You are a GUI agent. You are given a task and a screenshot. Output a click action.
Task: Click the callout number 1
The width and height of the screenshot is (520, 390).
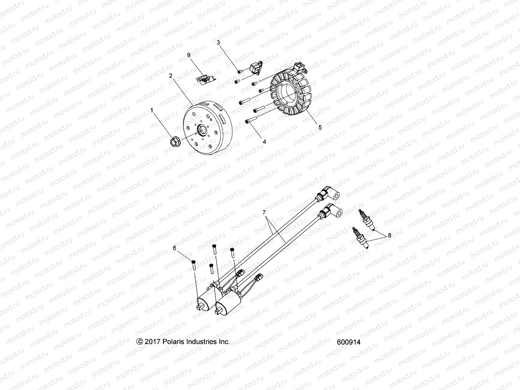pos(151,111)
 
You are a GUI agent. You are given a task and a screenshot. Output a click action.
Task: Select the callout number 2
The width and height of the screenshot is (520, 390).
pos(179,76)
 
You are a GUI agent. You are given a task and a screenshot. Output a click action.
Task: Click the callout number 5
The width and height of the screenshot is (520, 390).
pos(320,127)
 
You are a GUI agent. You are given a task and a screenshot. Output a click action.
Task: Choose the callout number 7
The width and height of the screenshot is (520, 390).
pos(264,212)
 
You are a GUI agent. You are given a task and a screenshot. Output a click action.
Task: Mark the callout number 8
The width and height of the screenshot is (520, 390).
pos(390,236)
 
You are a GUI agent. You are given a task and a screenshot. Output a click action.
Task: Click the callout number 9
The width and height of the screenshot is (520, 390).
pos(188,55)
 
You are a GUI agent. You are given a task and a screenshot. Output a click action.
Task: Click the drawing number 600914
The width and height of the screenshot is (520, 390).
pos(349,342)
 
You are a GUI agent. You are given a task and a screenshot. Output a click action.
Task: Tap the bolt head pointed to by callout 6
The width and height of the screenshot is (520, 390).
pos(194,262)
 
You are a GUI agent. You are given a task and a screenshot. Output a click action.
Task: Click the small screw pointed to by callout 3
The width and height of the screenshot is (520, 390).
pos(239,72)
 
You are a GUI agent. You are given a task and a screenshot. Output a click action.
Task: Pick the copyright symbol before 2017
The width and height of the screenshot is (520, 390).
pos(140,342)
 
